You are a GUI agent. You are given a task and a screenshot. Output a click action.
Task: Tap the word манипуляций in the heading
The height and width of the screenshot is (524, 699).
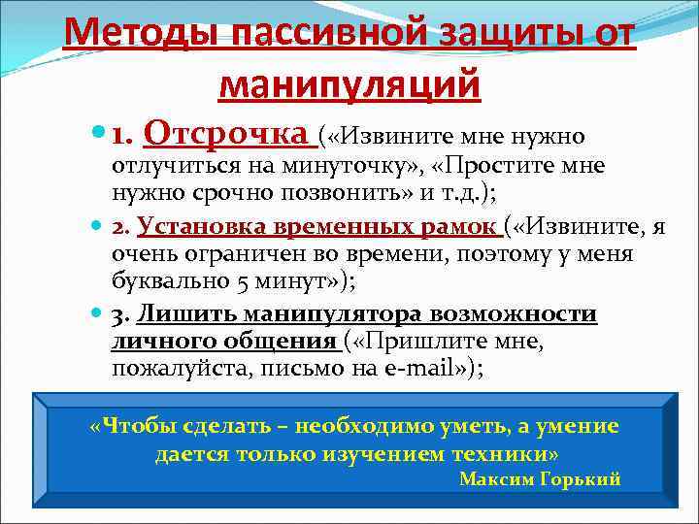(349, 85)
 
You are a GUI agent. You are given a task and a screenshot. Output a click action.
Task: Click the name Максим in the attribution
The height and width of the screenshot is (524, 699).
(494, 479)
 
